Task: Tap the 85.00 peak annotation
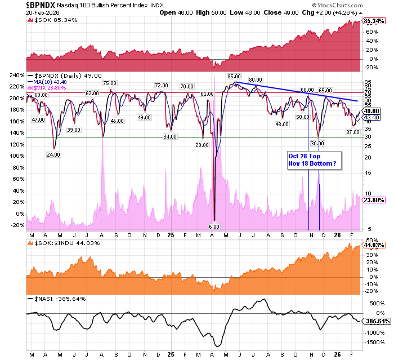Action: pyautogui.click(x=234, y=76)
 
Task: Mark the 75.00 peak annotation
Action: pyautogui.click(x=109, y=83)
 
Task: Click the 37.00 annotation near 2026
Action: pyautogui.click(x=352, y=131)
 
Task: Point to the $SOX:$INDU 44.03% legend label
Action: pyautogui.click(x=62, y=242)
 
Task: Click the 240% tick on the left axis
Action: pyautogui.click(x=16, y=75)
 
